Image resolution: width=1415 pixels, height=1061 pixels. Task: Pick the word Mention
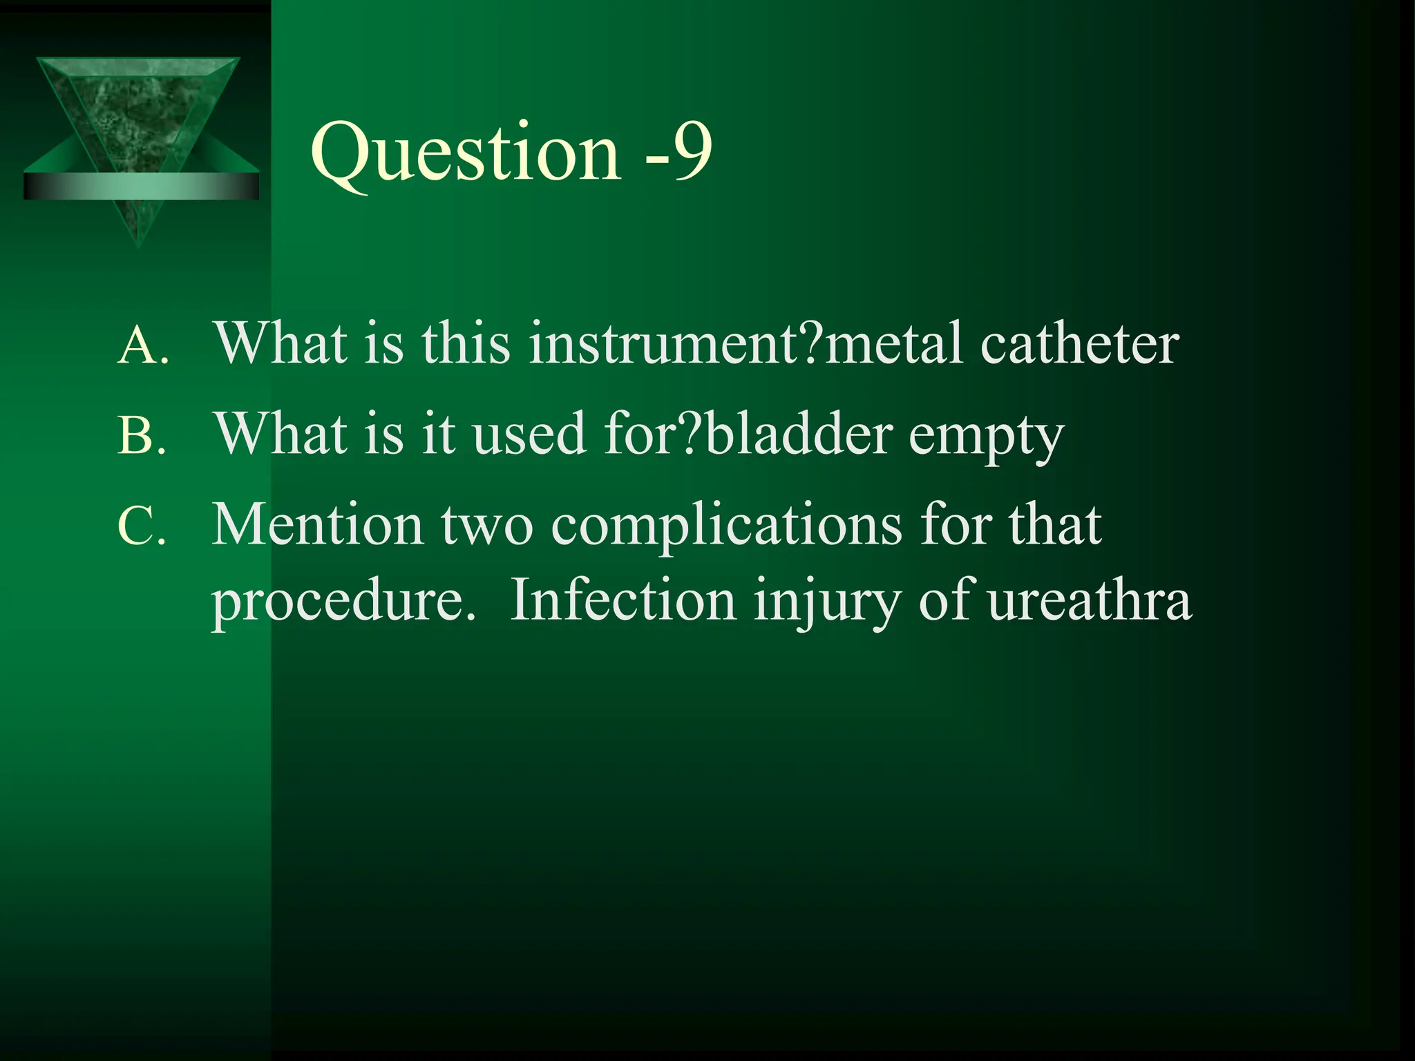point(317,525)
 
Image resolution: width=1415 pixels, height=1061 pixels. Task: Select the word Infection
point(623,600)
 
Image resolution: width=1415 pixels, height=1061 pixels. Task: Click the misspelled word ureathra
point(1089,600)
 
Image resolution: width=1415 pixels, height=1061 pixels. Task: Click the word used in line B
point(529,434)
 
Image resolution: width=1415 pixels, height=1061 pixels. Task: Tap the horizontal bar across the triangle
point(141,187)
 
